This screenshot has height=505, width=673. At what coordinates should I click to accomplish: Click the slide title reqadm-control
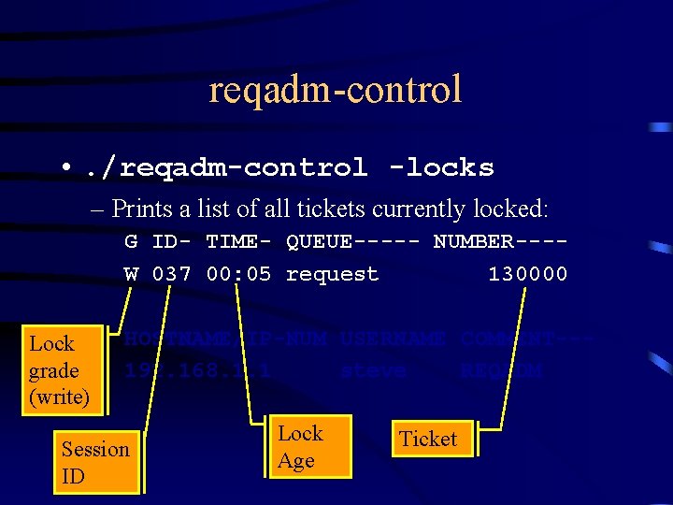point(336,90)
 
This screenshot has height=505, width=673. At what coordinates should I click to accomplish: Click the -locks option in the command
point(441,168)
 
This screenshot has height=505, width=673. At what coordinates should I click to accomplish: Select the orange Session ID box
point(96,462)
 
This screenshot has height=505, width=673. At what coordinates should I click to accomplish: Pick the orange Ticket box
point(428,439)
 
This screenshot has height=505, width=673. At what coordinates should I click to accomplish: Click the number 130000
point(527,274)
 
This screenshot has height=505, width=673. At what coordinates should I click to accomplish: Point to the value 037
point(171,274)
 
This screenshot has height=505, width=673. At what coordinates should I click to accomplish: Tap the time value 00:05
point(237,274)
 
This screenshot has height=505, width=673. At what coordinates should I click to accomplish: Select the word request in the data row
point(332,274)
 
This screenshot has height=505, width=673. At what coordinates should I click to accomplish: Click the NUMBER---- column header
point(500,241)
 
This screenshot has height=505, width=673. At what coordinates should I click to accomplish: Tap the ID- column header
point(171,241)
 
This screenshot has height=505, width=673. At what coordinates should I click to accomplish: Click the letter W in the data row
point(131,274)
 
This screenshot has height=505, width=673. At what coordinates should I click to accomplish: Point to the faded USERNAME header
point(392,339)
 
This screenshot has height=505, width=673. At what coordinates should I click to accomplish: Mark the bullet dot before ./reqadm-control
point(65,168)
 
